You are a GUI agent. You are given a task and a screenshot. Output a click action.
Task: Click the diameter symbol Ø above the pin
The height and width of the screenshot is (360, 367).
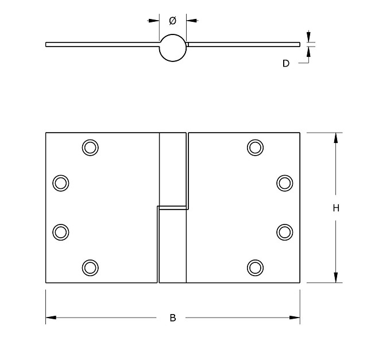pyautogui.click(x=172, y=21)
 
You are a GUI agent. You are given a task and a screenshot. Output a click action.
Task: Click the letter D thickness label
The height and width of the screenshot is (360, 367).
pyautogui.click(x=285, y=63)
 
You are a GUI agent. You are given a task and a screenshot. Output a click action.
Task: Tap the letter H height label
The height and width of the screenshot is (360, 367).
pyautogui.click(x=336, y=208)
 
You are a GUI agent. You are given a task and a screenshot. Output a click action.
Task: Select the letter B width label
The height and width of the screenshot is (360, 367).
pyautogui.click(x=173, y=318)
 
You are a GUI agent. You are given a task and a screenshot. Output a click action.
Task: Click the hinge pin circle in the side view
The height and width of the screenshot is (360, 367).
pyautogui.click(x=173, y=48)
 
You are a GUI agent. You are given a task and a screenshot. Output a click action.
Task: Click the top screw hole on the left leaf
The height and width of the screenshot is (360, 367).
pyautogui.click(x=90, y=147)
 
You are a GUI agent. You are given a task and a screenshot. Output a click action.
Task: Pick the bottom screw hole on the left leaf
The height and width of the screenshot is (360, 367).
pyautogui.click(x=90, y=267)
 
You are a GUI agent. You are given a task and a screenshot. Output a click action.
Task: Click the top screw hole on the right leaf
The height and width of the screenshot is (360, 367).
pyautogui.click(x=256, y=147)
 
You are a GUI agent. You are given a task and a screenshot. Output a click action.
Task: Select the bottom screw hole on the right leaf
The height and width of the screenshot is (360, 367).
pyautogui.click(x=256, y=267)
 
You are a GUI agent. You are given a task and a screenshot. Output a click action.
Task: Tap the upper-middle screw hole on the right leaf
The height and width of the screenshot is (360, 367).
pyautogui.click(x=284, y=183)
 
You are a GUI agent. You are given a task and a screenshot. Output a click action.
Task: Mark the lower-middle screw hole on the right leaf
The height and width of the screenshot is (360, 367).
pyautogui.click(x=284, y=231)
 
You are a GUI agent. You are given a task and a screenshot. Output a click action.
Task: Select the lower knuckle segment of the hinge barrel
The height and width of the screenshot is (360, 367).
pyautogui.click(x=172, y=245)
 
